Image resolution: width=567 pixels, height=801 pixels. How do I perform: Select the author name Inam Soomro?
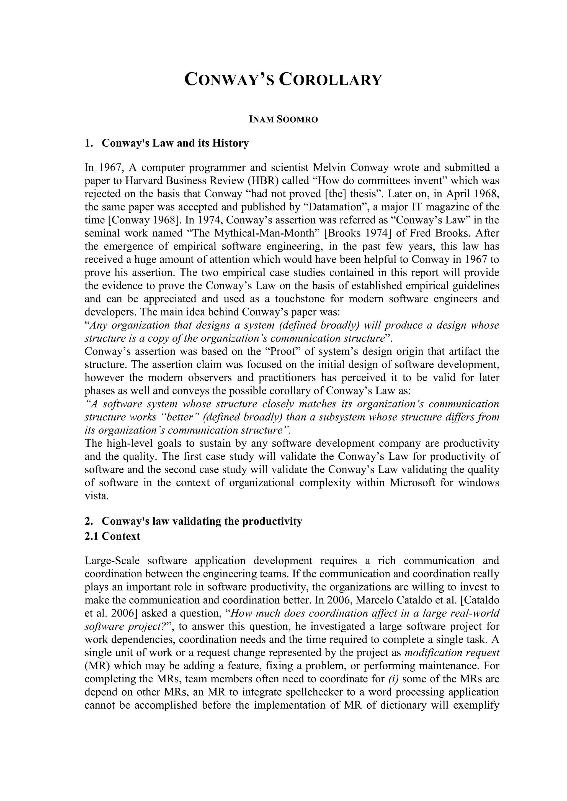(x=283, y=120)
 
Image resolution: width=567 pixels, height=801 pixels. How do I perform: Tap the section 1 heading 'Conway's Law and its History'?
(x=175, y=143)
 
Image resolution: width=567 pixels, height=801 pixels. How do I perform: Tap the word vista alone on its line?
(x=97, y=496)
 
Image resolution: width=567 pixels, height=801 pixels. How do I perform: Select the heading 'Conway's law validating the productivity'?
(x=202, y=521)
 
